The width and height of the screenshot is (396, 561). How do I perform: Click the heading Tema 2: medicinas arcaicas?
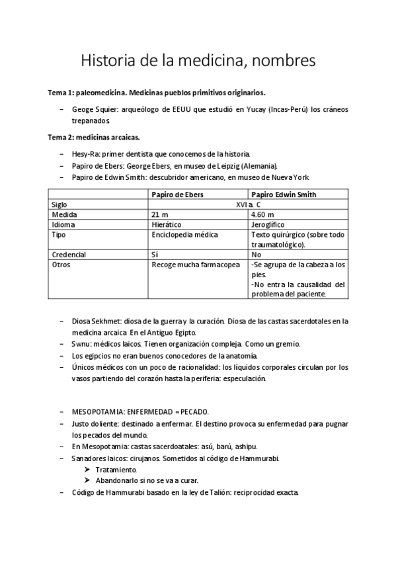(x=94, y=137)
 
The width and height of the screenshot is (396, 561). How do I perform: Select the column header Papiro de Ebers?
(x=177, y=194)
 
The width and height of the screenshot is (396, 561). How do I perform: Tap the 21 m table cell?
(x=160, y=215)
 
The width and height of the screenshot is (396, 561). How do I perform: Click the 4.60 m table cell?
(x=263, y=215)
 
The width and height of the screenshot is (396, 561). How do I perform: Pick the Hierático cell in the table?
(x=167, y=225)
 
